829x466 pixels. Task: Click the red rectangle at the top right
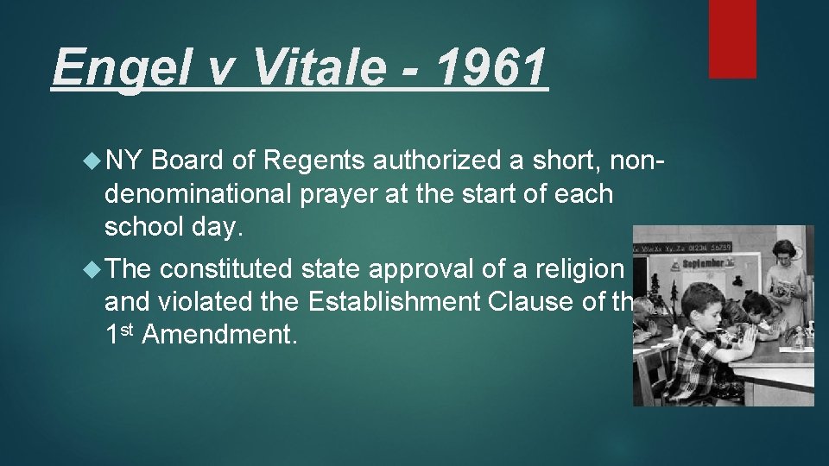732,38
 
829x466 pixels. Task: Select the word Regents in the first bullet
316,160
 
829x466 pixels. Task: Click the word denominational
199,193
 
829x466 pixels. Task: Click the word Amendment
219,335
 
